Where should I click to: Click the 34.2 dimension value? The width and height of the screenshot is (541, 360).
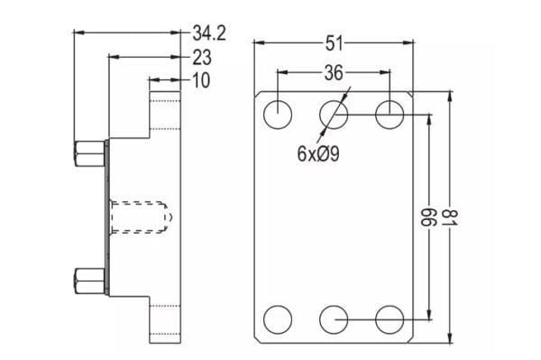click(x=209, y=33)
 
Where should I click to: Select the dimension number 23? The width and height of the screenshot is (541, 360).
click(x=202, y=58)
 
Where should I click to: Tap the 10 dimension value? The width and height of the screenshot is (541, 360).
click(x=201, y=80)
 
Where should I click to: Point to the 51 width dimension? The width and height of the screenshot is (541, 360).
click(x=335, y=43)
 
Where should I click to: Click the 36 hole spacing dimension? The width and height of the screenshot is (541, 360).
click(x=334, y=73)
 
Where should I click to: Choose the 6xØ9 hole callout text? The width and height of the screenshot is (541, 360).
click(x=318, y=153)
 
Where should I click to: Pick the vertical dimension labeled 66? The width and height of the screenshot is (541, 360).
click(x=429, y=217)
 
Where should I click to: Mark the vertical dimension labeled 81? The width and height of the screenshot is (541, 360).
click(x=449, y=217)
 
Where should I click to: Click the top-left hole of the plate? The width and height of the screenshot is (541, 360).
click(x=278, y=115)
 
